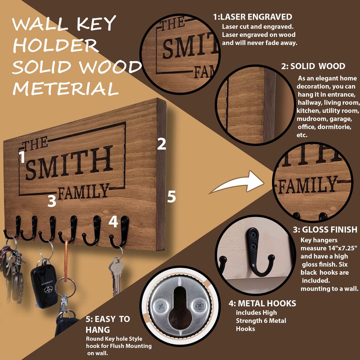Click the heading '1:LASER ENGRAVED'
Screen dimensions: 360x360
[253, 17]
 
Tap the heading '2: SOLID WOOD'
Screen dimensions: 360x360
[313, 66]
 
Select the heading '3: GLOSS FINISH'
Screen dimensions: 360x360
[325, 230]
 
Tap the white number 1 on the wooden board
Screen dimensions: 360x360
[21, 157]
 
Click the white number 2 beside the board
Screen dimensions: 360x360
[161, 144]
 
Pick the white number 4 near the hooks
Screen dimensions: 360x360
[113, 222]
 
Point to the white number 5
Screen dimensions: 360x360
[171, 197]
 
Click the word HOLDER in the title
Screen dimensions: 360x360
[55, 45]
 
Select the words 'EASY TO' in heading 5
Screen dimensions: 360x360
[107, 319]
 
